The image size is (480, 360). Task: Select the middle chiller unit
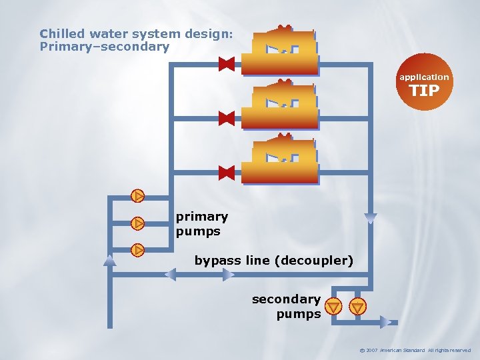coord(279,105)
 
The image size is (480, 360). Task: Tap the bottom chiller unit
coord(279,159)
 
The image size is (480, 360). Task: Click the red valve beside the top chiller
coord(227,64)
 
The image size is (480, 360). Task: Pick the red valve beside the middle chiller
coord(227,118)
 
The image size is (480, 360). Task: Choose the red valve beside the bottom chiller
coord(227,173)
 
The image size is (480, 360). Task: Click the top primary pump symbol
coord(137,196)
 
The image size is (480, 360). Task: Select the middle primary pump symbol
coord(137,223)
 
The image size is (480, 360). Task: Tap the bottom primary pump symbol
coord(137,251)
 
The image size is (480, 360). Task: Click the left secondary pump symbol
coord(334,307)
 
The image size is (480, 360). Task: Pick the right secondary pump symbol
coord(359,307)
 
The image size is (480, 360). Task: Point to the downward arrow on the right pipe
coord(371,218)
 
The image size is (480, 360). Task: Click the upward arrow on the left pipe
coord(110,261)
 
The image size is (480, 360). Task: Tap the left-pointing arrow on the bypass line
coord(171,274)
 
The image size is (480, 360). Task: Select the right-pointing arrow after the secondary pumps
coord(386,321)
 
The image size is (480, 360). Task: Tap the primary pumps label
coord(201,224)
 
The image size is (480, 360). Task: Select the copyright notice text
coord(414,350)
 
